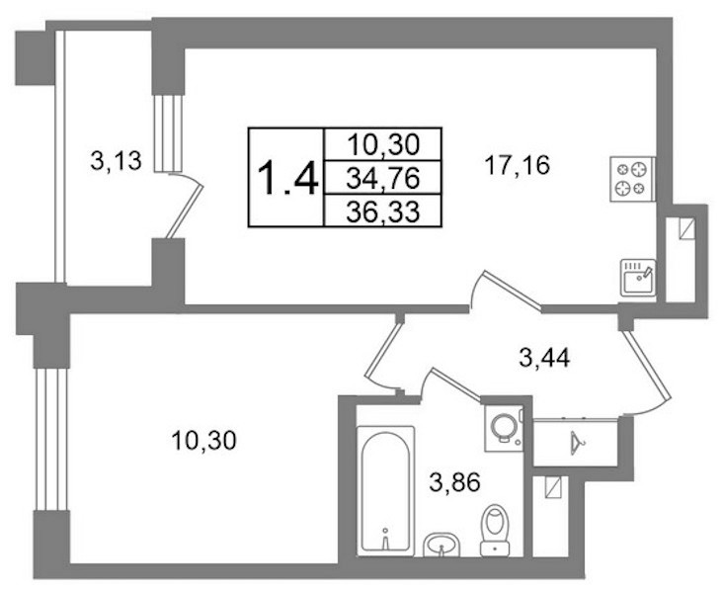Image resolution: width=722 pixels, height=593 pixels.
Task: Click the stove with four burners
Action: pos(633,179)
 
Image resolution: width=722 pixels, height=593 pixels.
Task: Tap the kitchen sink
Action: pos(638,278)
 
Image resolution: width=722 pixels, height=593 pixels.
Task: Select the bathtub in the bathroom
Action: pos(385,489)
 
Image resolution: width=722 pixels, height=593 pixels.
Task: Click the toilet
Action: pos(495,530)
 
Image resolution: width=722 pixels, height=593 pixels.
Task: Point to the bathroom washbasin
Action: pos(441,545)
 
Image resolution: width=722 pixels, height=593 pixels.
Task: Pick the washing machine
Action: pos(504,428)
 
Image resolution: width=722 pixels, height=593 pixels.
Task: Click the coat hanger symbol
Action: pos(576,443)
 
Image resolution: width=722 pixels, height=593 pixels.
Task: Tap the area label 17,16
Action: pos(517,165)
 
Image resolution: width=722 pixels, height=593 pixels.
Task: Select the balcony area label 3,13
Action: pos(116,161)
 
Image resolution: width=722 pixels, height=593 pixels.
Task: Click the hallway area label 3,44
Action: pos(545,358)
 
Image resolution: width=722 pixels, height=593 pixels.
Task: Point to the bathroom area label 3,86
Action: pos(455,482)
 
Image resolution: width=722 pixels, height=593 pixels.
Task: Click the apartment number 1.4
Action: pos(287,178)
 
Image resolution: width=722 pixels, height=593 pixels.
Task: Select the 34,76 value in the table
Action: pos(383,178)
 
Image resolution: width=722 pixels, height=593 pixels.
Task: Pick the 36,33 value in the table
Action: pos(383,212)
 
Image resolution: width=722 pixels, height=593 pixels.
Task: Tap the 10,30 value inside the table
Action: pos(383,144)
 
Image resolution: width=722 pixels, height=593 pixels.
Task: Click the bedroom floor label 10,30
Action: pos(203,440)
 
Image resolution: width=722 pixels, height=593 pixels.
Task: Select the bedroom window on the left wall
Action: pos(51,439)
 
